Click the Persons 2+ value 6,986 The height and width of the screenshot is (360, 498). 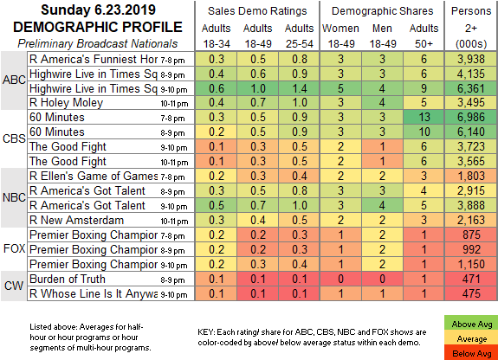point(471,117)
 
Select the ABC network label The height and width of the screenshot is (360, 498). point(14,80)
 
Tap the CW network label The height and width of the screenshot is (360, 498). point(14,286)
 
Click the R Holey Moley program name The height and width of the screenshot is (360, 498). point(66,103)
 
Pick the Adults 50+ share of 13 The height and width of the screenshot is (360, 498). point(424,117)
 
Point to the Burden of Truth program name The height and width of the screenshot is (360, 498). point(68,279)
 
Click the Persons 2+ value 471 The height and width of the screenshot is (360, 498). point(471,279)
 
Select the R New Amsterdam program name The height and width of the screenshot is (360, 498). point(76,220)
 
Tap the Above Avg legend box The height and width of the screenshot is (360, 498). point(471,324)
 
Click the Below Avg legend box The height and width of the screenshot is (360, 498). point(471,353)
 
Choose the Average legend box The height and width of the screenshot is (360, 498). point(471,338)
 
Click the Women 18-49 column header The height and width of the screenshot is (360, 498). point(340,35)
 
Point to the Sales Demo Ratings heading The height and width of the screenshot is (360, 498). point(257,11)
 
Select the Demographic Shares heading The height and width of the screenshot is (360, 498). point(383,11)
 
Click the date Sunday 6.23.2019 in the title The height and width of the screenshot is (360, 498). point(98,10)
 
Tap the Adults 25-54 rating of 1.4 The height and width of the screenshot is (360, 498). point(299,88)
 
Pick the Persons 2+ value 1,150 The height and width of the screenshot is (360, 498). point(471,264)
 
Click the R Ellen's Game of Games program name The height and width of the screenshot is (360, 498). point(94,176)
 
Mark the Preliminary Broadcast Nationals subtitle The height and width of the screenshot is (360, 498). point(98,43)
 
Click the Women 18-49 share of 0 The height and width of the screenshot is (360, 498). point(340,279)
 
